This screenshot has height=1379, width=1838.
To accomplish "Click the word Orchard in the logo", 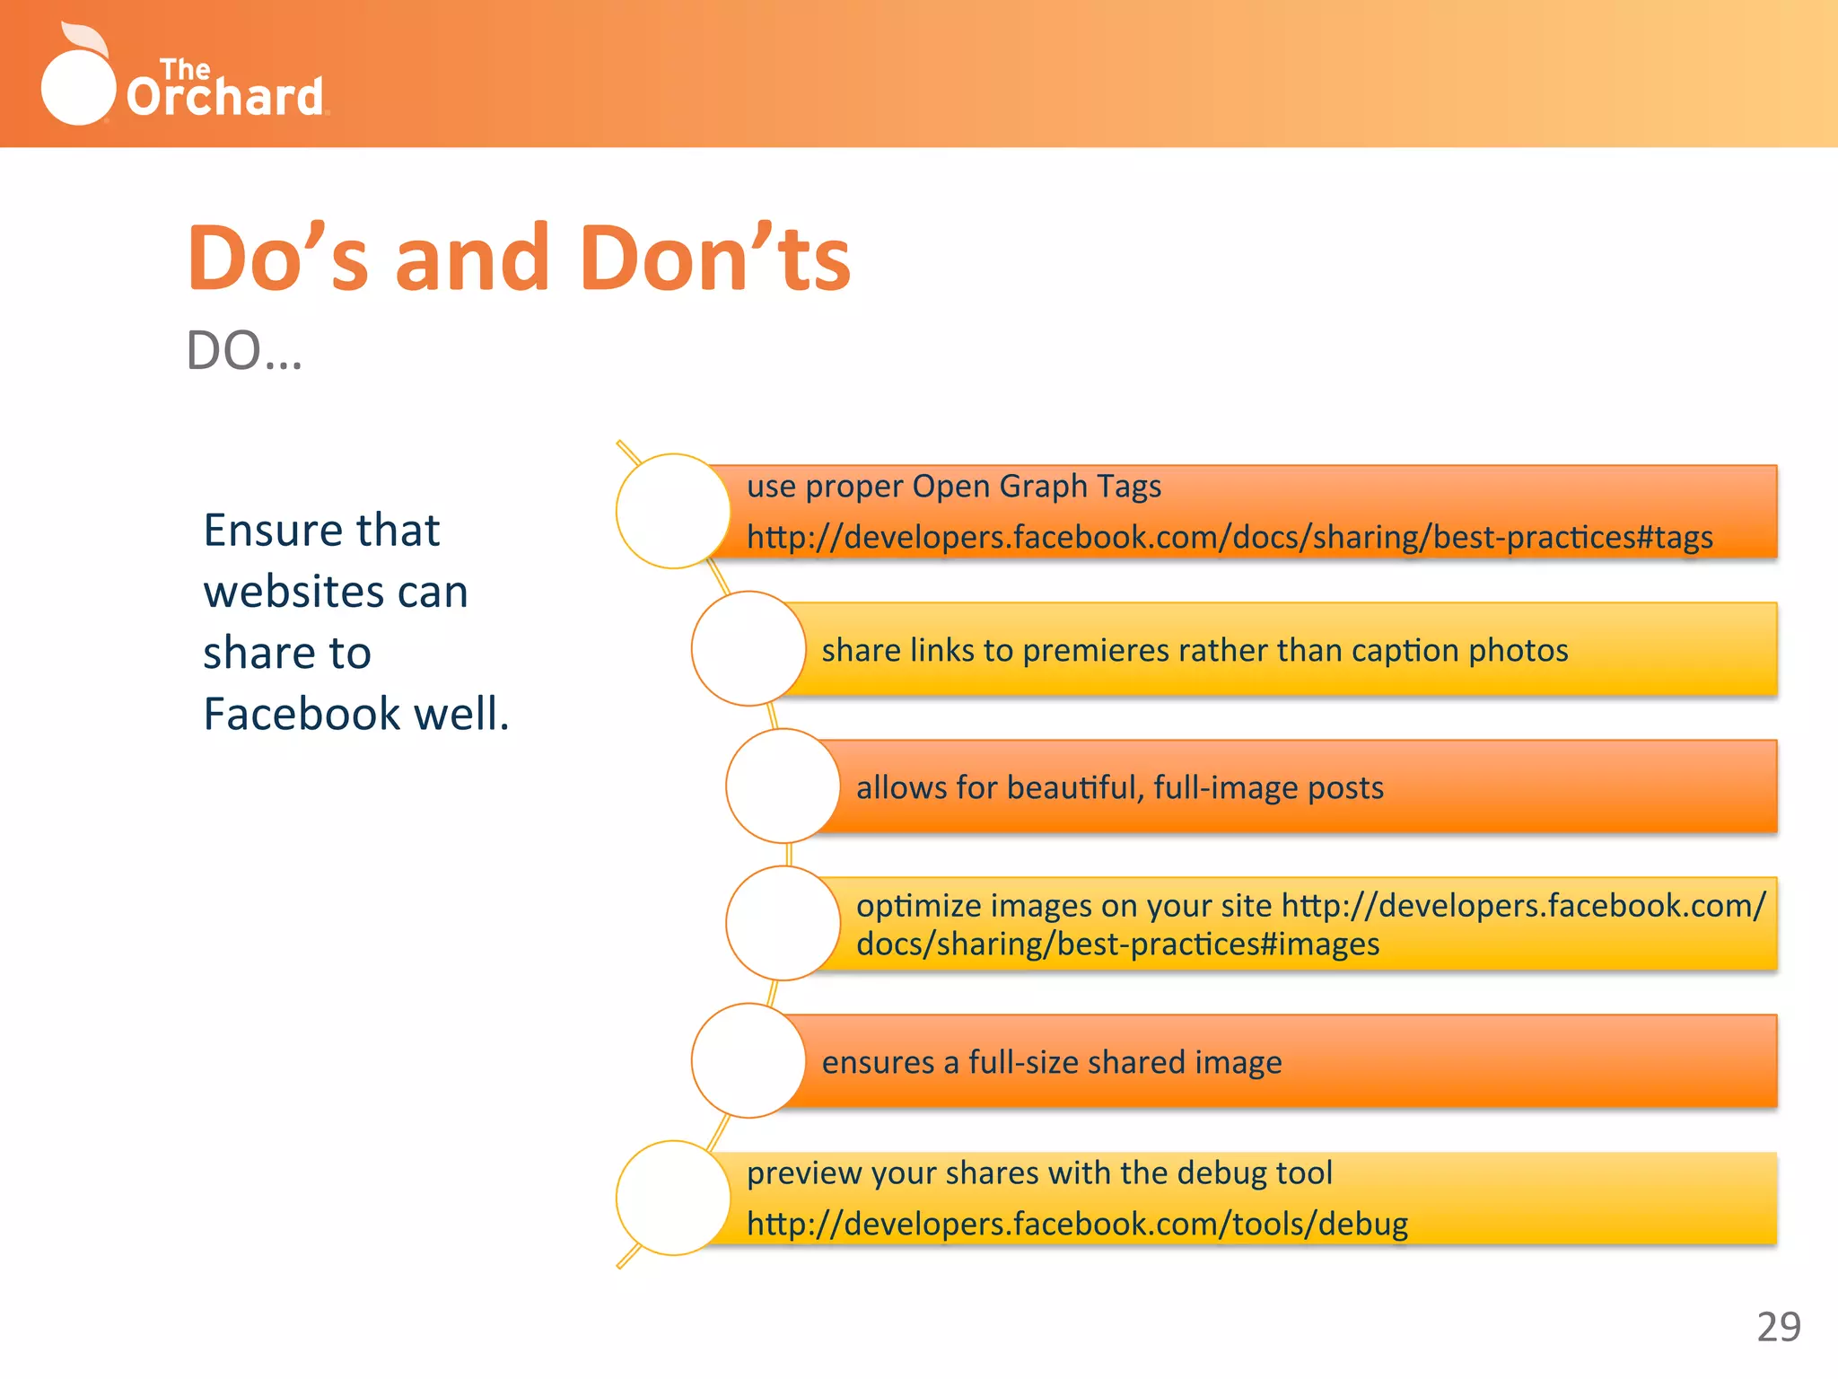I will [x=224, y=97].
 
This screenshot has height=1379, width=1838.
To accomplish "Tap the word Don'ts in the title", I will [x=715, y=259].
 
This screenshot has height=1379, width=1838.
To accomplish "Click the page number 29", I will [x=1778, y=1327].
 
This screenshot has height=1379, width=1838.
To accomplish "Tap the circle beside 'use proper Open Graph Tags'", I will [x=673, y=511].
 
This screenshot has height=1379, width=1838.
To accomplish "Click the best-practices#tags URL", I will [x=1230, y=538].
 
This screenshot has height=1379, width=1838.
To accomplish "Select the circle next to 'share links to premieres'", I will [x=748, y=648].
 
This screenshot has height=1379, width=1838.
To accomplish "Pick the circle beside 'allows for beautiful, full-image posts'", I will [x=783, y=786].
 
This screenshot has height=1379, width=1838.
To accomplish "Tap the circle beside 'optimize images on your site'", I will [x=783, y=923].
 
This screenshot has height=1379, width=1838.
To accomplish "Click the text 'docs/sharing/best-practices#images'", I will [x=1117, y=944].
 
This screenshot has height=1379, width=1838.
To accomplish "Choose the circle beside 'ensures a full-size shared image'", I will [x=748, y=1060].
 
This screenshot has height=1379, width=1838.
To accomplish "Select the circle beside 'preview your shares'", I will [x=673, y=1198].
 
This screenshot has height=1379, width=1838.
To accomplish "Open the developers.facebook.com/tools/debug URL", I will [x=1077, y=1225].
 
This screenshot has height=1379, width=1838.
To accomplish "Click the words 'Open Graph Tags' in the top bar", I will [x=1037, y=487].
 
